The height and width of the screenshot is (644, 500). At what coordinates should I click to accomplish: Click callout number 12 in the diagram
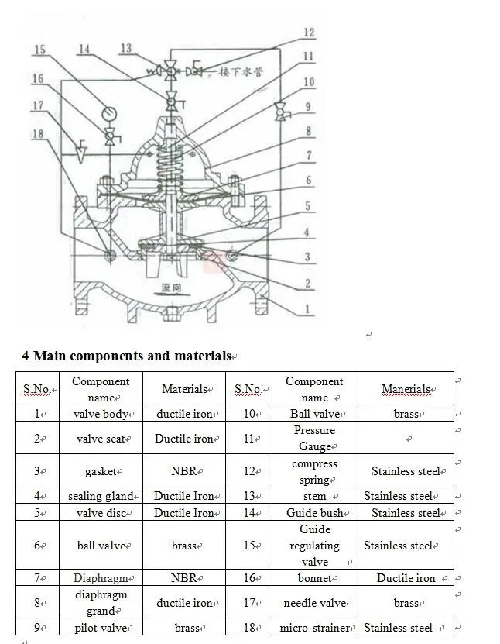click(309, 33)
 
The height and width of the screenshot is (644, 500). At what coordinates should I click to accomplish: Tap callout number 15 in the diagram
click(39, 50)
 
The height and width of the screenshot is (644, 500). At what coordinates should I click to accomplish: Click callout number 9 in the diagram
click(309, 107)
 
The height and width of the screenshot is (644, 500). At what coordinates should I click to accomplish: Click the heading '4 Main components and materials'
click(126, 356)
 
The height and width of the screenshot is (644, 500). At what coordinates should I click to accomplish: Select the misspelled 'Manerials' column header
click(406, 389)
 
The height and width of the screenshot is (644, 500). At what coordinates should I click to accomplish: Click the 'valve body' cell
click(101, 415)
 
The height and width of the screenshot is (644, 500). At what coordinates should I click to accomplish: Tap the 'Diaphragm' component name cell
click(101, 578)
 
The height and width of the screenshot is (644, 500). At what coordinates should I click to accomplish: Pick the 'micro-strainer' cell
click(314, 628)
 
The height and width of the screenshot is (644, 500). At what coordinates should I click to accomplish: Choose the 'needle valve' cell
click(314, 603)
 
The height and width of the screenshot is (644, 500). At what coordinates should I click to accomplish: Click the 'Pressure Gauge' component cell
click(314, 438)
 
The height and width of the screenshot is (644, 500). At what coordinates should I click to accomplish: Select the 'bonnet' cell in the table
click(314, 578)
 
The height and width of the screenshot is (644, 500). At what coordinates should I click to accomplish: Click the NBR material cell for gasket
click(184, 471)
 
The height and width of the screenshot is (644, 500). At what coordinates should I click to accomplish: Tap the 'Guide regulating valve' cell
click(314, 546)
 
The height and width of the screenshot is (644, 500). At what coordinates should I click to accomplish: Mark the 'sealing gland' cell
click(101, 496)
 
